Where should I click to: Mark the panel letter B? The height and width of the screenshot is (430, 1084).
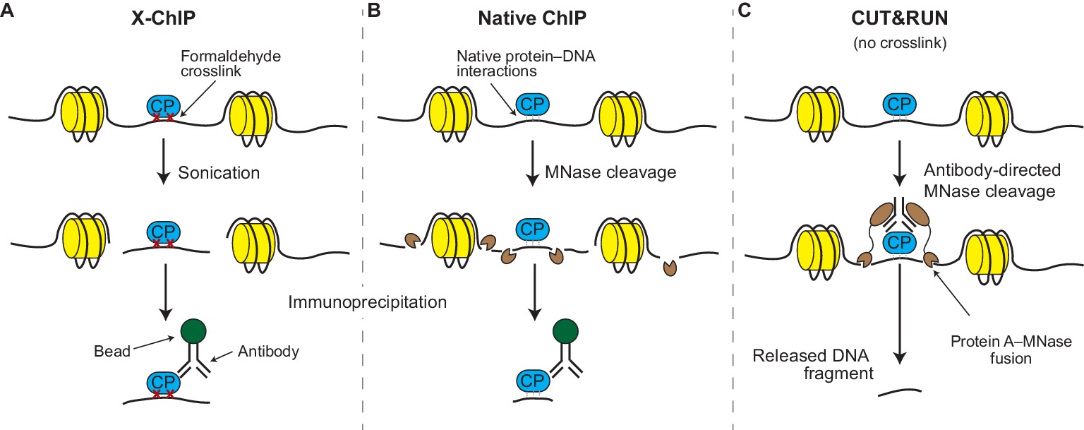[374, 13]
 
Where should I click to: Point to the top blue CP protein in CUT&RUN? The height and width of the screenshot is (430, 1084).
[898, 106]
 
